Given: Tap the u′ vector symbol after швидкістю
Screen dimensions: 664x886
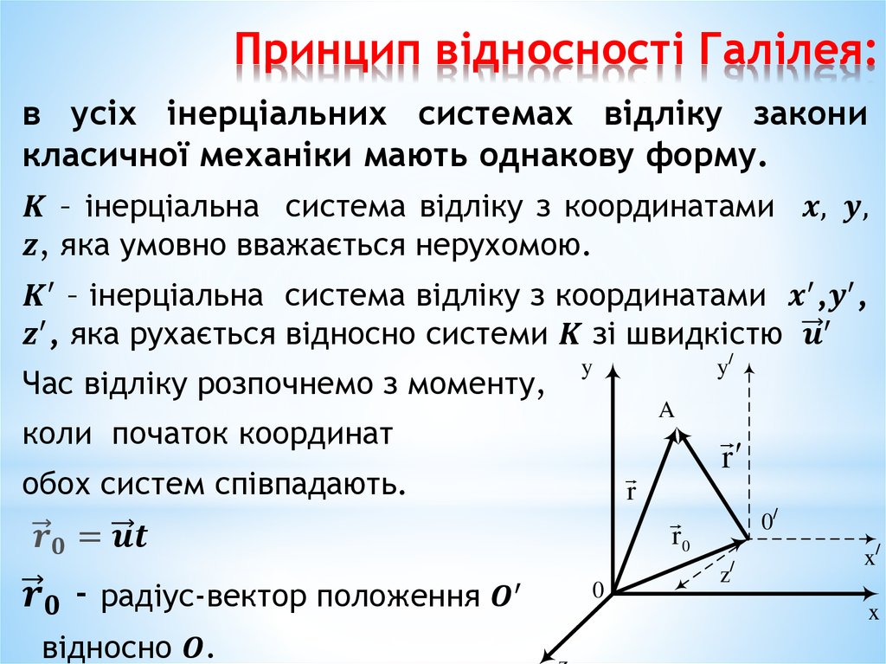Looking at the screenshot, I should click(812, 332).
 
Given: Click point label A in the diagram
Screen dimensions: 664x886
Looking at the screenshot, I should click(666, 411).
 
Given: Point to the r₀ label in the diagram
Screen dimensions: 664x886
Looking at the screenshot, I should click(681, 536).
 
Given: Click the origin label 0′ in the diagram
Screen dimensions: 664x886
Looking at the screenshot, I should click(769, 521).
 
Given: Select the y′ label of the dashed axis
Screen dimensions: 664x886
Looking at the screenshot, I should click(725, 369).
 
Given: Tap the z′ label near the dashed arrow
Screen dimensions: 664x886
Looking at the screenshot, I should click(727, 572).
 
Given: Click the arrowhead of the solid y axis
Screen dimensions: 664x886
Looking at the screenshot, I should click(613, 371).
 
